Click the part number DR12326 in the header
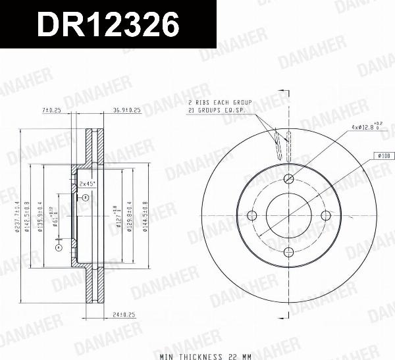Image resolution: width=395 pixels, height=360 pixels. (x=108, y=25)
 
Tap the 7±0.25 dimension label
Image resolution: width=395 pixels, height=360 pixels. (x=51, y=109)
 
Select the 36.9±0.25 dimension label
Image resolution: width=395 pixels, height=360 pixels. (x=127, y=109)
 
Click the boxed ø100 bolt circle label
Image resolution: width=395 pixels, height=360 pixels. (x=384, y=155)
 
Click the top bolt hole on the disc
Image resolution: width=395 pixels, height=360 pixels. (x=289, y=180)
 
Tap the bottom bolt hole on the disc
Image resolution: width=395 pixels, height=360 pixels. (x=289, y=251)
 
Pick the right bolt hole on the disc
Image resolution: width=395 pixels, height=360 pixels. (x=325, y=215)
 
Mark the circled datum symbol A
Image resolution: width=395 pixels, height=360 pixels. (x=58, y=247)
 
